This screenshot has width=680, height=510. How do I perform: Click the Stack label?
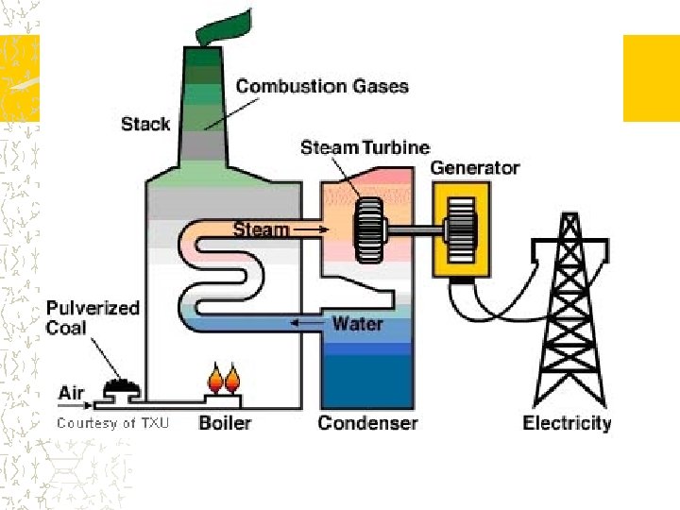coord(145,124)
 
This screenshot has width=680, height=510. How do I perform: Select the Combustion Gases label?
coord(322,86)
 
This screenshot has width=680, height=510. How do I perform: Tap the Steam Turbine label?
coord(365,147)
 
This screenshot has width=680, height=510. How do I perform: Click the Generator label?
coord(475,168)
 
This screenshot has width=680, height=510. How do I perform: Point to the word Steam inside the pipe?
coord(261,229)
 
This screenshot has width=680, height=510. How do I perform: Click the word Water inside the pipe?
coord(357,324)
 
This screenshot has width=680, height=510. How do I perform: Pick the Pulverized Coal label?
coord(93,317)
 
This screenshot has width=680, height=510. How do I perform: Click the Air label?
coord(72,392)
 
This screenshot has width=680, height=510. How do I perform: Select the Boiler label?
coord(225,422)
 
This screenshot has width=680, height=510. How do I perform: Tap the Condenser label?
coord(367,422)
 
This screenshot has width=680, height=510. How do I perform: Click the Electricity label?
coord(567,423)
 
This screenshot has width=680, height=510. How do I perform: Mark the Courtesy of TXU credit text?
coord(113,423)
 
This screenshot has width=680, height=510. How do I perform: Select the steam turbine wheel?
coord(365,229)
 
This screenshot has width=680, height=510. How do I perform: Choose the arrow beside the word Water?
coord(307,324)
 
